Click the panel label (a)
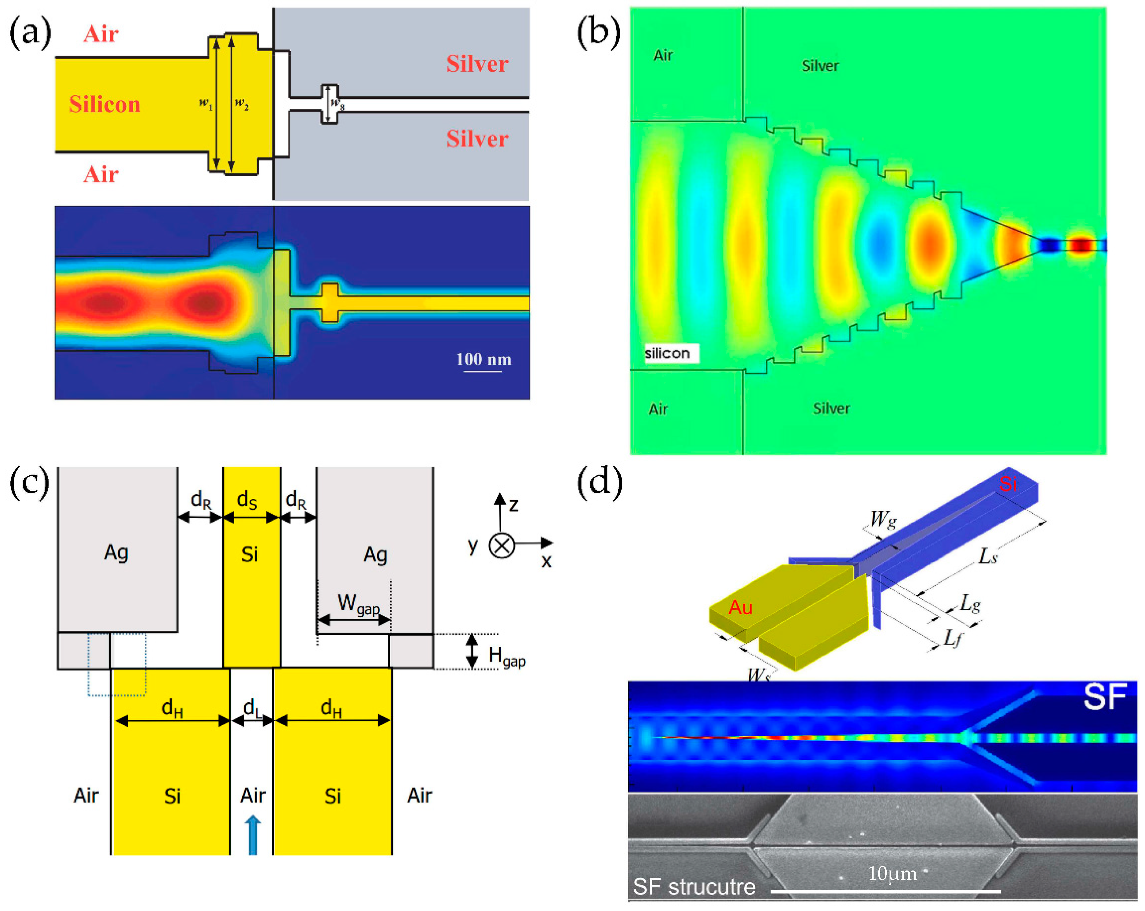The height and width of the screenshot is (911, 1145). (x=30, y=33)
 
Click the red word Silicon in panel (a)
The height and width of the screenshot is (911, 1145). (x=105, y=104)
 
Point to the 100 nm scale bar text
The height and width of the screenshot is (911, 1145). (x=484, y=360)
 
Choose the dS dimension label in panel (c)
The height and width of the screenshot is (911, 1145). (x=247, y=499)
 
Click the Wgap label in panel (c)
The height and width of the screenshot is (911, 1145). (x=359, y=604)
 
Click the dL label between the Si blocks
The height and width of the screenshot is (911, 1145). (x=253, y=708)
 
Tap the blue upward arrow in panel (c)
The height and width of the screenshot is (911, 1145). (x=253, y=835)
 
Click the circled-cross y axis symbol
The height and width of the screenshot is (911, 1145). (x=501, y=545)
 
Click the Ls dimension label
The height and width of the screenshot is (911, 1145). (x=988, y=556)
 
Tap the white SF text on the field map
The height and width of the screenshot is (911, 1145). (x=1105, y=697)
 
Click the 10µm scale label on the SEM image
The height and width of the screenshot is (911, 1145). (x=892, y=873)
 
